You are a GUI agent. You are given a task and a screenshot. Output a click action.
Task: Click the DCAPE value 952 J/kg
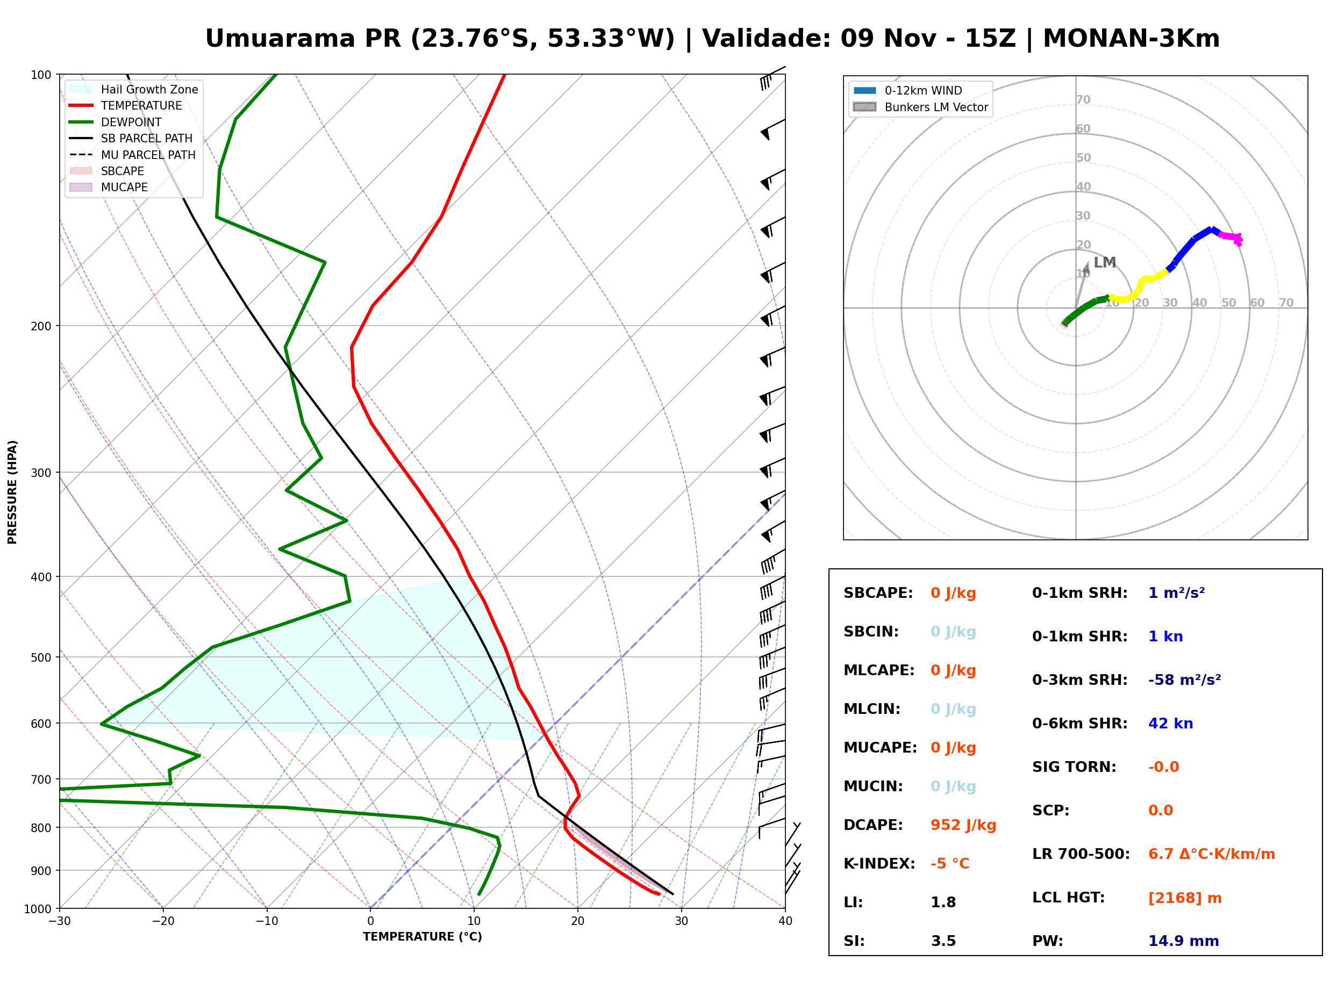(963, 825)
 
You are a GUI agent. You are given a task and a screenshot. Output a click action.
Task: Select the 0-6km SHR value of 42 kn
(1170, 724)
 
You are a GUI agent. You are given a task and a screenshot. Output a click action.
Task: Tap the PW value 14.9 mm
(1184, 941)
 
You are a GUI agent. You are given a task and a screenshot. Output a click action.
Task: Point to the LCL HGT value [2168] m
(1185, 898)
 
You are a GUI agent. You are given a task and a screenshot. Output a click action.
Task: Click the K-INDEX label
(879, 864)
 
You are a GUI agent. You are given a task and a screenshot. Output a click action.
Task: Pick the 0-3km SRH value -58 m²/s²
(1185, 680)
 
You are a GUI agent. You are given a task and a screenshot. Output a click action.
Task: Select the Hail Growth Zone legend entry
(134, 89)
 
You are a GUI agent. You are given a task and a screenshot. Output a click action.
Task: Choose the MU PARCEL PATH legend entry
(133, 155)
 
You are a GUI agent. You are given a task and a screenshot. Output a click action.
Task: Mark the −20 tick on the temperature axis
(163, 921)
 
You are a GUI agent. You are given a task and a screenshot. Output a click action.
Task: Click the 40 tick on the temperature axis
(785, 921)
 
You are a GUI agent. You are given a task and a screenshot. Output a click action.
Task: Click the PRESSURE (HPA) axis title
(12, 492)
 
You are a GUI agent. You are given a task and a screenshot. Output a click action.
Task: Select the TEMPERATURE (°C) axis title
(423, 937)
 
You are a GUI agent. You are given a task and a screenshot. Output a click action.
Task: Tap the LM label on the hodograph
(1105, 263)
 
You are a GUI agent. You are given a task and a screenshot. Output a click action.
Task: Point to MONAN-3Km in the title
(1131, 39)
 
